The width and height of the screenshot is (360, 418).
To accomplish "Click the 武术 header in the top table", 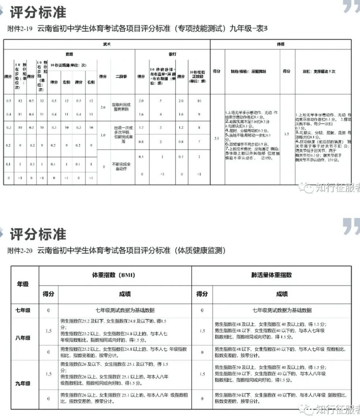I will coord(106,45).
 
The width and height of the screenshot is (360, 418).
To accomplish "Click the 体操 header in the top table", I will coord(281,45).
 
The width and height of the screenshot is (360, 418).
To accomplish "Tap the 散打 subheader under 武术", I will coord(172,53).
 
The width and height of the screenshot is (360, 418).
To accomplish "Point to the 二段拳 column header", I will coord(121,76).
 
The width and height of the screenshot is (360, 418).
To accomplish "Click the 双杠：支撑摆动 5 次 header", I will coord(319,72).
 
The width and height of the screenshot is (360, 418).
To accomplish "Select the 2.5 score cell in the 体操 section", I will coord(217,138).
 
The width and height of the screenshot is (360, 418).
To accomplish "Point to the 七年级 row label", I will coord(23,311).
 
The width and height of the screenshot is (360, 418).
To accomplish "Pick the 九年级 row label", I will coord(23,384).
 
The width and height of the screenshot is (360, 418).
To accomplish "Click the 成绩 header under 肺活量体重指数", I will coord(282,294).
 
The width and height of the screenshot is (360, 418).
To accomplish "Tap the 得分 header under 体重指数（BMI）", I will coord(48,294).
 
